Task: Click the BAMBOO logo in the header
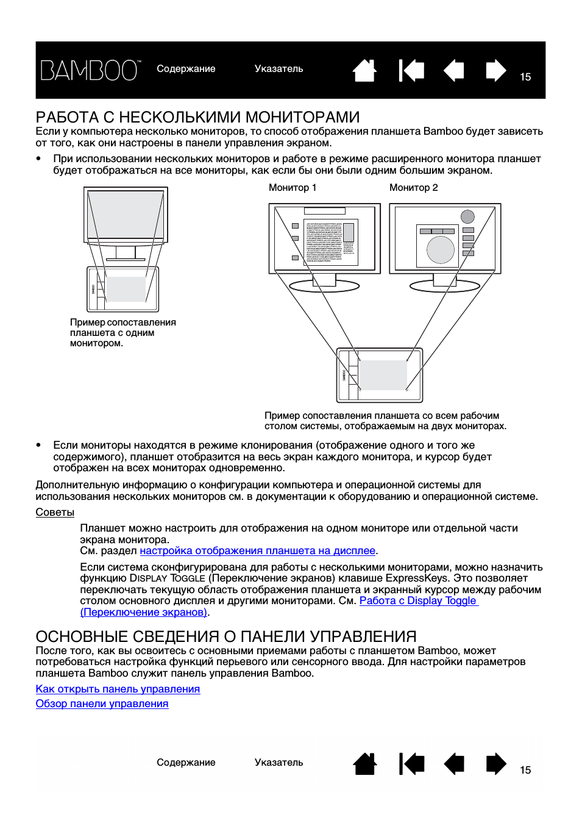click(90, 70)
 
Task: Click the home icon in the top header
click(364, 70)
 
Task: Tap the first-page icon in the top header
click(411, 70)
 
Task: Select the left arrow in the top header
click(453, 70)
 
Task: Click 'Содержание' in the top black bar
click(186, 69)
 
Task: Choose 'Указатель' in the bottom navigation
click(279, 763)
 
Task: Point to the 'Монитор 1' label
click(293, 188)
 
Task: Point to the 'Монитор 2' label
click(413, 188)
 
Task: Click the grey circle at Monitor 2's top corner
click(467, 216)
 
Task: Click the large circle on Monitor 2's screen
click(440, 249)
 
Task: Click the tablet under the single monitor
click(122, 290)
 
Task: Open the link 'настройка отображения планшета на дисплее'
click(257, 551)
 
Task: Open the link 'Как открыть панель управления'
click(118, 689)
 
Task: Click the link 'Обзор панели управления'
click(102, 704)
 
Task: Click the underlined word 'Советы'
click(55, 513)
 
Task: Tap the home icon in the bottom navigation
click(364, 764)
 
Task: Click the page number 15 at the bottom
click(525, 771)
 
